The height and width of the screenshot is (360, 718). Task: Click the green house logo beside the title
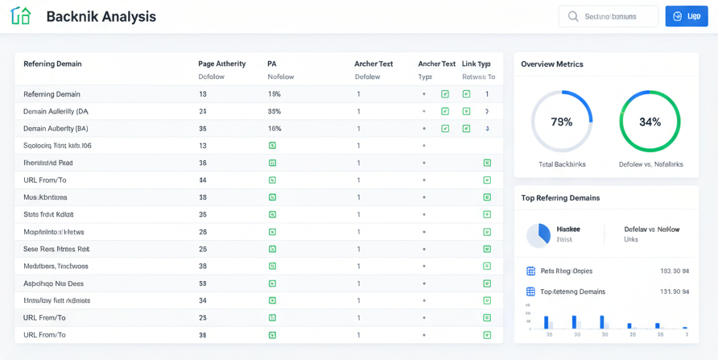click(21, 16)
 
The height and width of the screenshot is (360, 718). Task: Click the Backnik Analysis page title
click(101, 16)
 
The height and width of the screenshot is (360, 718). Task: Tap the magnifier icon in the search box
click(573, 16)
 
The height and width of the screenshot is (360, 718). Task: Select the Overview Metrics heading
click(552, 64)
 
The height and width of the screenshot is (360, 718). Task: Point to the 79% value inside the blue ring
click(561, 122)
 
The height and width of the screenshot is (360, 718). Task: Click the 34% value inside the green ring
click(650, 122)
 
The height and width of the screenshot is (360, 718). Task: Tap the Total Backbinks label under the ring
click(562, 164)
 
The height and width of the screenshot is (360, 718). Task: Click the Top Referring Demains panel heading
click(560, 197)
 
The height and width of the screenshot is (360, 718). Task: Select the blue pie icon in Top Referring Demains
click(538, 235)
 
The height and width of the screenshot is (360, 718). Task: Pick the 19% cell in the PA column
click(274, 94)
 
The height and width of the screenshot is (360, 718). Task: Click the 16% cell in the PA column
click(274, 129)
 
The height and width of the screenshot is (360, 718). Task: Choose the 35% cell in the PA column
click(274, 111)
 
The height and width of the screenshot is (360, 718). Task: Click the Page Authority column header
click(221, 64)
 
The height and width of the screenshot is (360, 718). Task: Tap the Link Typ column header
click(477, 64)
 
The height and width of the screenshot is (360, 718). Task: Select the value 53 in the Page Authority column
click(203, 283)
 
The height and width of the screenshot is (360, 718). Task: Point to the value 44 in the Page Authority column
click(203, 180)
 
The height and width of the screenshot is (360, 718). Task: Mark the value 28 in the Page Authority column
click(203, 232)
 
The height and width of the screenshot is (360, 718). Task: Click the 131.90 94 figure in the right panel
click(675, 292)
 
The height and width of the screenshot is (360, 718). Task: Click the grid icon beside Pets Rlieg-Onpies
click(530, 271)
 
